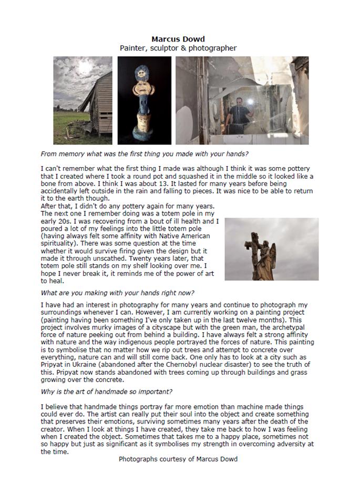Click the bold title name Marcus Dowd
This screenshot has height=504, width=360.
pos(178,39)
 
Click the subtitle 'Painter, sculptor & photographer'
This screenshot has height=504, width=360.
pos(178,48)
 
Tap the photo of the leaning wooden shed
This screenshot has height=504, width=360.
pos(83,100)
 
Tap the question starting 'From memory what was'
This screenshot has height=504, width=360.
pos(144,154)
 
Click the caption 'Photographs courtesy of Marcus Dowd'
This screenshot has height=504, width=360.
pos(178,459)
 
